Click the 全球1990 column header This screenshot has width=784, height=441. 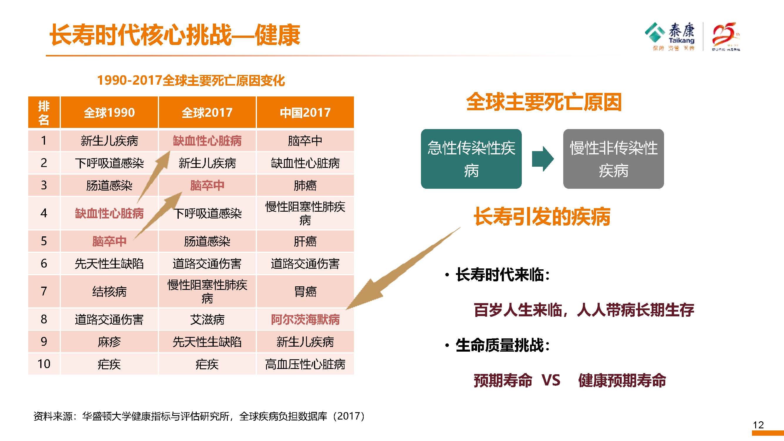pyautogui.click(x=109, y=112)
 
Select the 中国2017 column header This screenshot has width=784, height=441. pyautogui.click(x=305, y=112)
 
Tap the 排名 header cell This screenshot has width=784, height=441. pyautogui.click(x=44, y=112)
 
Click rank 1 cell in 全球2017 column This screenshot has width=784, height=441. pyautogui.click(x=207, y=141)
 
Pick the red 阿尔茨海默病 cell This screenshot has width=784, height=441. pyautogui.click(x=305, y=320)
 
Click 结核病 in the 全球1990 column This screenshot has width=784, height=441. pyautogui.click(x=109, y=291)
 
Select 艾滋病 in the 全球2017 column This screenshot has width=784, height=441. pyautogui.click(x=207, y=320)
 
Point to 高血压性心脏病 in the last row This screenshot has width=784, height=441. pyautogui.click(x=305, y=364)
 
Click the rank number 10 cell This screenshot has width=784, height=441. pyautogui.click(x=44, y=364)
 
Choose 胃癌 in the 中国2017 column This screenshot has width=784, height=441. pyautogui.click(x=305, y=291)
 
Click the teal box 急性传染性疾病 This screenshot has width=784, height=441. pyautogui.click(x=471, y=159)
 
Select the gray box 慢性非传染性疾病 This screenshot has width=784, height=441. pyautogui.click(x=613, y=159)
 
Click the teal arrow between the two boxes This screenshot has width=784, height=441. pyautogui.click(x=543, y=159)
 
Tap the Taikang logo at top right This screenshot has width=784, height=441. pyautogui.click(x=670, y=36)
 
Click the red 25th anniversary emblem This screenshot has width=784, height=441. pyautogui.click(x=726, y=36)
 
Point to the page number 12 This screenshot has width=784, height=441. pyautogui.click(x=758, y=425)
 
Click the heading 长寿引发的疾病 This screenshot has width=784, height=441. pyautogui.click(x=542, y=217)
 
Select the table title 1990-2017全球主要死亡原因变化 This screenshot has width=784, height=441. pyautogui.click(x=191, y=81)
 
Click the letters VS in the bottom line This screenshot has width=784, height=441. pyautogui.click(x=551, y=380)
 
